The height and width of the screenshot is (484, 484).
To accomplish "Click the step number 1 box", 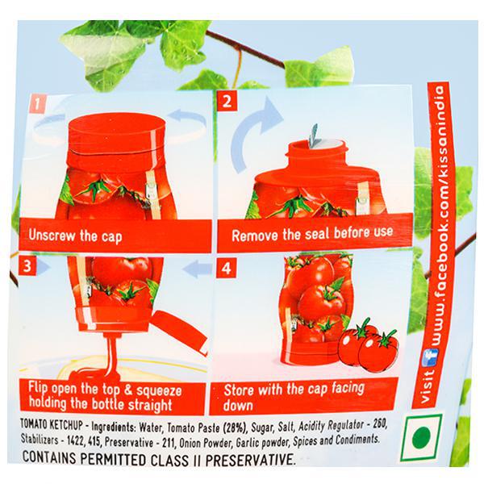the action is pos(37,104).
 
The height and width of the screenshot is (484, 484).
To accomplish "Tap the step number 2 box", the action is pos(227,100).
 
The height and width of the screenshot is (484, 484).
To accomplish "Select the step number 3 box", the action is pos(27,265).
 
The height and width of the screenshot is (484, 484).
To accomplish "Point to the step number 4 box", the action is pos(226,268).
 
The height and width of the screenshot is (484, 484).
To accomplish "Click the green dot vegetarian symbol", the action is pos(421,438).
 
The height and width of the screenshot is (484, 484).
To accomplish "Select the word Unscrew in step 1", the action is pos(52,236).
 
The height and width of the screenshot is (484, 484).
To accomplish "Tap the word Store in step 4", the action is pos(240,390).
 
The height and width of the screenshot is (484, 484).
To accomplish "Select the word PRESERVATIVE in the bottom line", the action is pos(251,460).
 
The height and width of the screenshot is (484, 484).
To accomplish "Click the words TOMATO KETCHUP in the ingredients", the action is pos(52,425).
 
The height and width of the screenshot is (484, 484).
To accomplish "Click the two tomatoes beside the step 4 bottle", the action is pos(367,346).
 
